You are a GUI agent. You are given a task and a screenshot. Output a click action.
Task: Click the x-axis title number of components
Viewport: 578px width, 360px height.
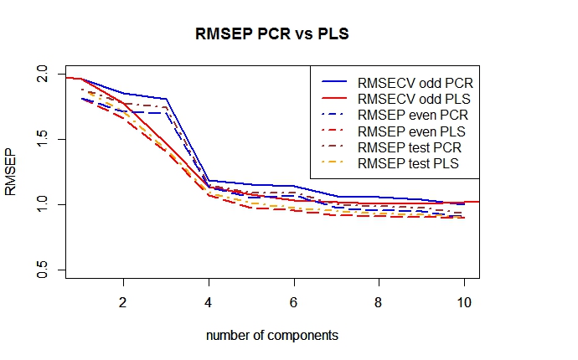pos(272,336)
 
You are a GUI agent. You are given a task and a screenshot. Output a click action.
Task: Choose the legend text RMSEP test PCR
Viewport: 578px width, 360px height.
pos(409,147)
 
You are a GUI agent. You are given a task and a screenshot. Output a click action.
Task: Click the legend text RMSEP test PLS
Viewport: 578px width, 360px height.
pos(409,164)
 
